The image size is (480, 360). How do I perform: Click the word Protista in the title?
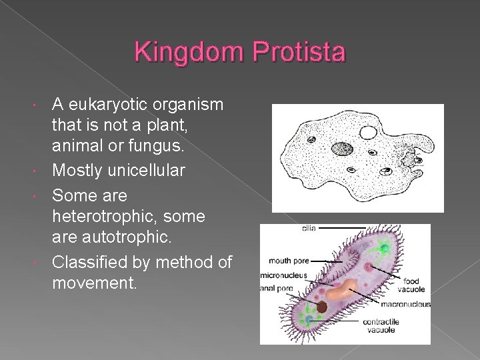pyautogui.click(x=296, y=52)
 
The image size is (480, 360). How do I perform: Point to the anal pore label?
pyautogui.click(x=277, y=289)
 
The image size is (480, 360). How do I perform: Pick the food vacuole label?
pyautogui.click(x=411, y=286)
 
